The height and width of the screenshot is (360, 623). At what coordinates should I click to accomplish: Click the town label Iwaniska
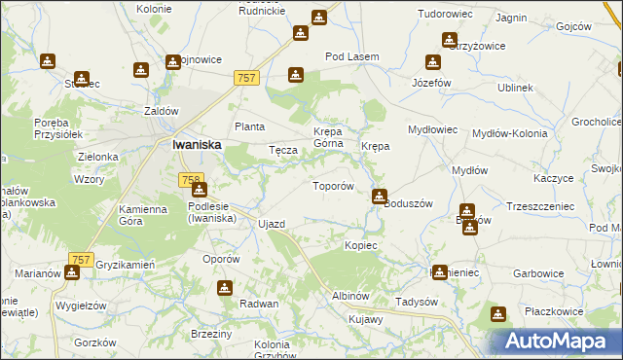point(196,144)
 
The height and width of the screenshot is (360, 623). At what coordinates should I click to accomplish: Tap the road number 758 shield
point(191,180)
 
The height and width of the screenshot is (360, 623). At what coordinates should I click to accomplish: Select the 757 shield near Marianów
point(81,260)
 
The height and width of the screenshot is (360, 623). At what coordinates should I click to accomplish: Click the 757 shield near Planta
point(247,77)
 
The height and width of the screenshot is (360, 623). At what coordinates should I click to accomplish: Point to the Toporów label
point(331,185)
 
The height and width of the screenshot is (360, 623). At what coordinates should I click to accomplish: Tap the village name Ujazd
point(272,224)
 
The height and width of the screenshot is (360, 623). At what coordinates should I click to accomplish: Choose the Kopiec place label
point(360,245)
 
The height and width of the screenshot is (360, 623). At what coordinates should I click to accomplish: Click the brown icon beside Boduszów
point(380,197)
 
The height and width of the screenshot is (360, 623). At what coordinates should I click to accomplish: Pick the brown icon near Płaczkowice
point(498,314)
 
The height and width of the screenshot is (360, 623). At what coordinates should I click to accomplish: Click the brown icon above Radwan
point(226,287)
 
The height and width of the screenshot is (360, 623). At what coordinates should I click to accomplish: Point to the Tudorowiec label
point(444,15)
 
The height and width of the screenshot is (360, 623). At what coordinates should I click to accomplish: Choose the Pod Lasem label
point(351,57)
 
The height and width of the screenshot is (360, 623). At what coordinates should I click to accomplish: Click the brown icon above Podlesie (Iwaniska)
point(199,189)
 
